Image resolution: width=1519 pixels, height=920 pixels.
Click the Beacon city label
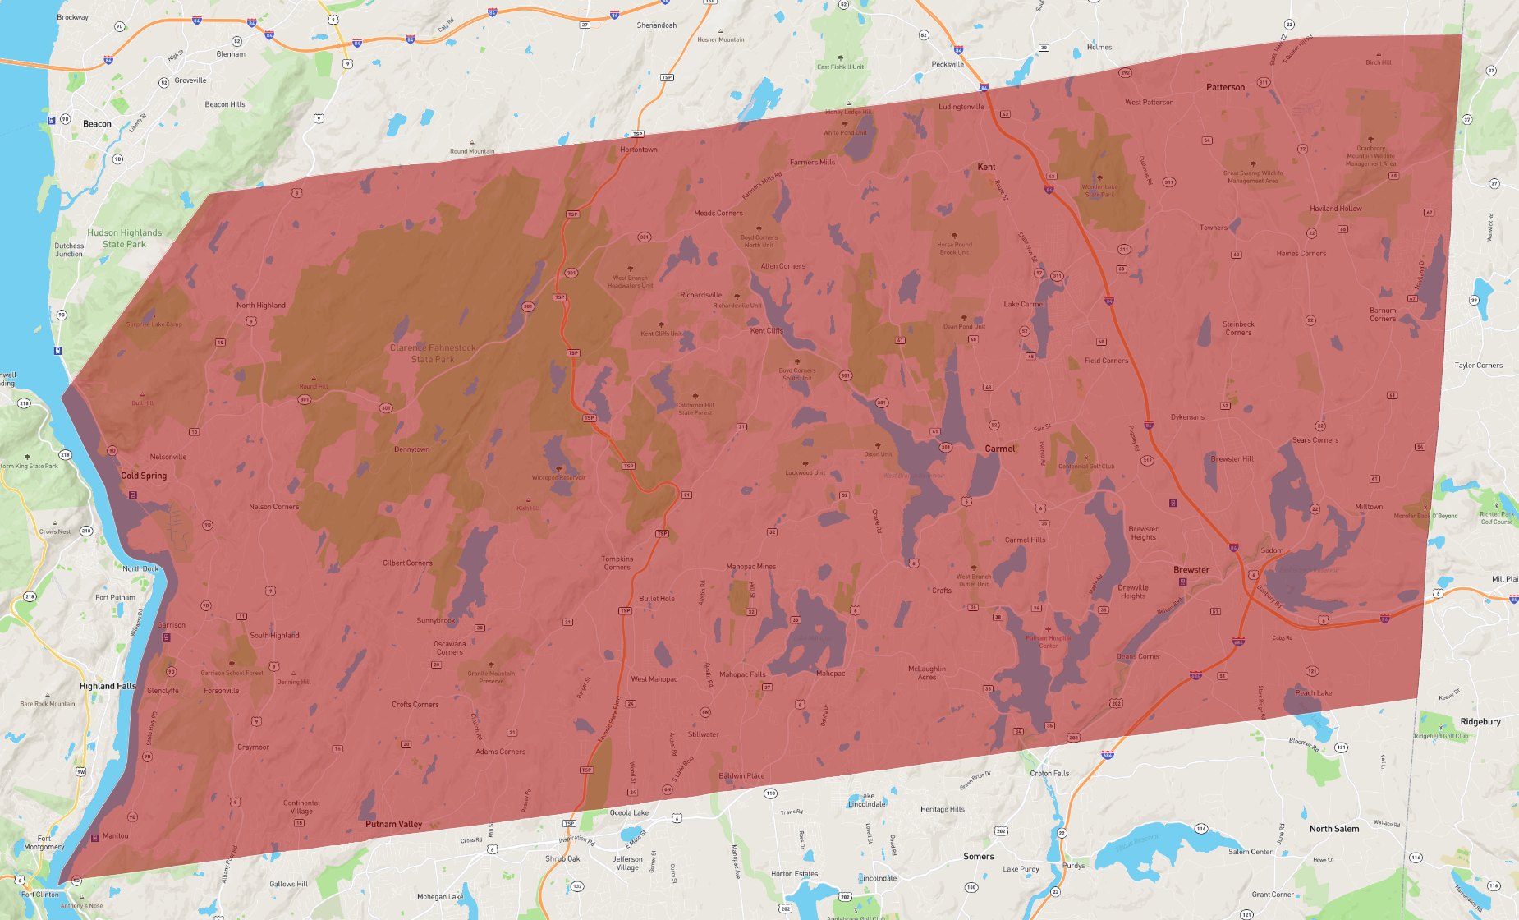coord(97,124)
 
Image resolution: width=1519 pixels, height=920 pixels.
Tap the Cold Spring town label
coord(144,476)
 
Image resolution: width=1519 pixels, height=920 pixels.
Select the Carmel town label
coord(1000,448)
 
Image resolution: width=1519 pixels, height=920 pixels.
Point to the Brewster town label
coord(1191,570)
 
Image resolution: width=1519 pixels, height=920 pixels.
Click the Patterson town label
coord(1225,87)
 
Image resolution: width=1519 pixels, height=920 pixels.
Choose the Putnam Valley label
coord(393,824)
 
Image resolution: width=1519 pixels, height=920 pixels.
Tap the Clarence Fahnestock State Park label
coord(433,353)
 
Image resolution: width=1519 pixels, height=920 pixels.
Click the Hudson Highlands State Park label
coord(125,238)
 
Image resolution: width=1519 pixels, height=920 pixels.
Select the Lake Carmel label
coord(1024,304)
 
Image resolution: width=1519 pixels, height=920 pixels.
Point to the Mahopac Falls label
coord(742,674)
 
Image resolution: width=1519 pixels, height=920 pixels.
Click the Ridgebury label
coord(1480,722)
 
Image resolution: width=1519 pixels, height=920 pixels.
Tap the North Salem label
coord(1333,829)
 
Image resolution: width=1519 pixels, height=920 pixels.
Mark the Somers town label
coord(979,856)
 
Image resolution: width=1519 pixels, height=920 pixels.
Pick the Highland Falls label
coord(108,686)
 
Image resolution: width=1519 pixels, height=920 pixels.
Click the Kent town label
coord(986,167)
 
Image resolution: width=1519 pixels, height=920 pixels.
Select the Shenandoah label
coord(656,25)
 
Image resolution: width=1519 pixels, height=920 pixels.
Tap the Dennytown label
coord(411,449)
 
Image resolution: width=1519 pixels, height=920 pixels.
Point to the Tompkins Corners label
coord(617,563)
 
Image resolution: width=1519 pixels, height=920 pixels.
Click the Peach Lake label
coord(1313,692)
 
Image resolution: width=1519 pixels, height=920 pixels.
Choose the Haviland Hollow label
coord(1335,209)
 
